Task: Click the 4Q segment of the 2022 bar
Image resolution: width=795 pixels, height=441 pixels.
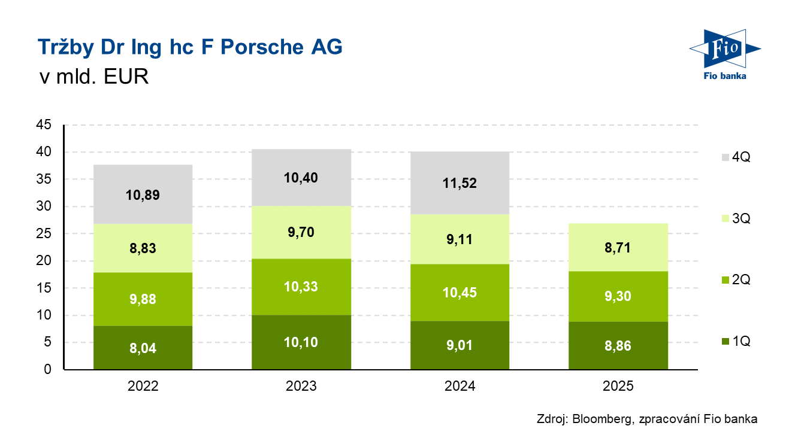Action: pyautogui.click(x=143, y=180)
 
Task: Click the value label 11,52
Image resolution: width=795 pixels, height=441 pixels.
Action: pyautogui.click(x=460, y=184)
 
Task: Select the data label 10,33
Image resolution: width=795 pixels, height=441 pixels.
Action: pyautogui.click(x=301, y=287)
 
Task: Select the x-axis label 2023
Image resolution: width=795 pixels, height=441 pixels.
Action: pyautogui.click(x=301, y=387)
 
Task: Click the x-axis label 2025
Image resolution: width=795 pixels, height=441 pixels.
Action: pyautogui.click(x=618, y=387)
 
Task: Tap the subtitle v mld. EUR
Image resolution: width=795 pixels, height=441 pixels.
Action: pyautogui.click(x=93, y=77)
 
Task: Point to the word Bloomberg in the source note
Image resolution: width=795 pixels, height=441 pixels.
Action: pyautogui.click(x=601, y=419)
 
